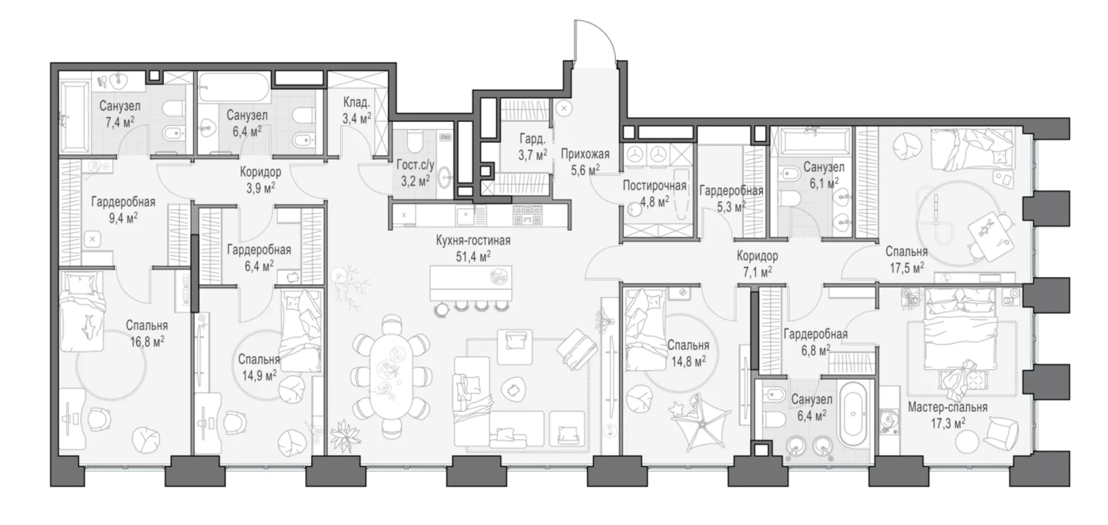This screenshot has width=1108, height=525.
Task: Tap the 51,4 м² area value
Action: tap(473, 256)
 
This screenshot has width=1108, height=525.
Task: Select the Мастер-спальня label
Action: tap(948, 407)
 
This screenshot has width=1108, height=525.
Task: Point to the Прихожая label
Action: tap(585, 154)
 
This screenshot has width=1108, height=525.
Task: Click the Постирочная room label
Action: tap(654, 186)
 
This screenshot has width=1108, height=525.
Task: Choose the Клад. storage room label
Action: tap(357, 103)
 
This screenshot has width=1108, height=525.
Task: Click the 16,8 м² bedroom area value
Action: tap(147, 341)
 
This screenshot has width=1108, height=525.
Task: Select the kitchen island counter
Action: tap(471, 283)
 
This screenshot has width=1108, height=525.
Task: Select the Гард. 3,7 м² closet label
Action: tap(532, 147)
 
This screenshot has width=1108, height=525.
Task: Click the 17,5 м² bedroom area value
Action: tap(907, 267)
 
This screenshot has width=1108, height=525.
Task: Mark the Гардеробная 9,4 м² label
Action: tap(123, 209)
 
